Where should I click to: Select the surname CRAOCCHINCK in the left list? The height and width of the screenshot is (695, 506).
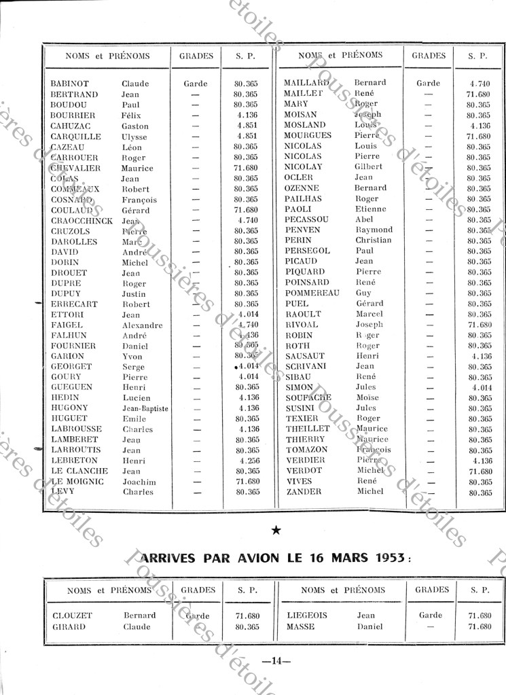coord(82,221)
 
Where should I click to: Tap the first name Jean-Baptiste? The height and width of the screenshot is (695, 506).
coord(145,408)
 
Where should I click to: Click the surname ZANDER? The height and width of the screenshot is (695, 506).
coord(304,491)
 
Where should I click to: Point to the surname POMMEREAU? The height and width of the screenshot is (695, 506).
coord(312,293)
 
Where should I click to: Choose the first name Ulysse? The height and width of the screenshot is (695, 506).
coord(135,137)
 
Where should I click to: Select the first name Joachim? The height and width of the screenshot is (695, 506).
coord(139,482)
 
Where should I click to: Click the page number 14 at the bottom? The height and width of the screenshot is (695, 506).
coord(276,660)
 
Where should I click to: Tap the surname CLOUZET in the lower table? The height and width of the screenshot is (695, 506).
coord(72,616)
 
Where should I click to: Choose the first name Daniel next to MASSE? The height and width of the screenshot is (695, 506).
coord(370,626)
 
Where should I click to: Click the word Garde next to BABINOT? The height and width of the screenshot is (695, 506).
coord(196,84)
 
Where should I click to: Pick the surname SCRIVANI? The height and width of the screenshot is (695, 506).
coord(307,366)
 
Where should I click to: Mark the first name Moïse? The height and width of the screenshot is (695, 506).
coord(368,397)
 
